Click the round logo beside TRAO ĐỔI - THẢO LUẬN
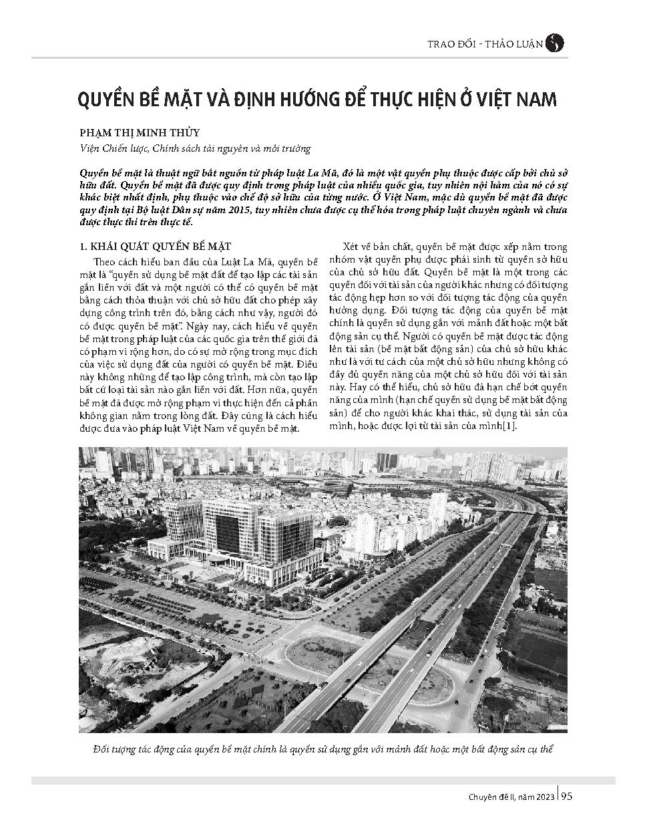click(554, 43)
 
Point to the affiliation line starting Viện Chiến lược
click(194, 148)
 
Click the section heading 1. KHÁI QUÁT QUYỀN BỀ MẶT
click(154, 247)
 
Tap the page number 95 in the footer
click(566, 796)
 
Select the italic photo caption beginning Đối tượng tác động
click(322, 750)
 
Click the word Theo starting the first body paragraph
click(105, 261)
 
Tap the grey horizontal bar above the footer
click(322, 780)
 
